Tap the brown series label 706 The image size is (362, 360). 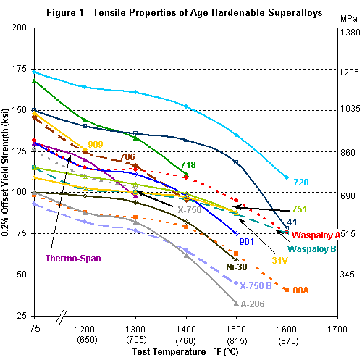click(127, 157)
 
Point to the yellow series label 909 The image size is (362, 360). click(96, 144)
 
